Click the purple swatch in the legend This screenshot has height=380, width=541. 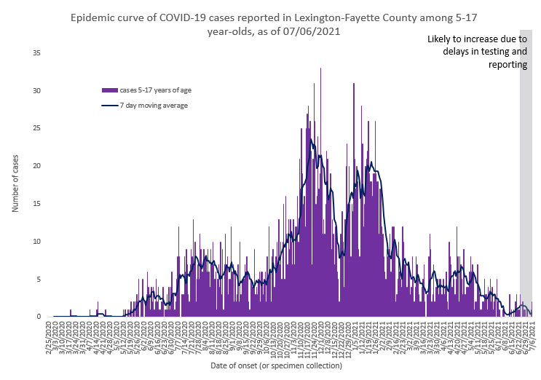click(109, 90)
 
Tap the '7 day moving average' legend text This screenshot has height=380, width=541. click(154, 106)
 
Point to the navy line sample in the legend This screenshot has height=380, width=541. click(109, 106)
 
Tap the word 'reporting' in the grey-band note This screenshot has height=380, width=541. click(508, 65)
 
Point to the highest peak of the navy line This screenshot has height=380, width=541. click(311, 139)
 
